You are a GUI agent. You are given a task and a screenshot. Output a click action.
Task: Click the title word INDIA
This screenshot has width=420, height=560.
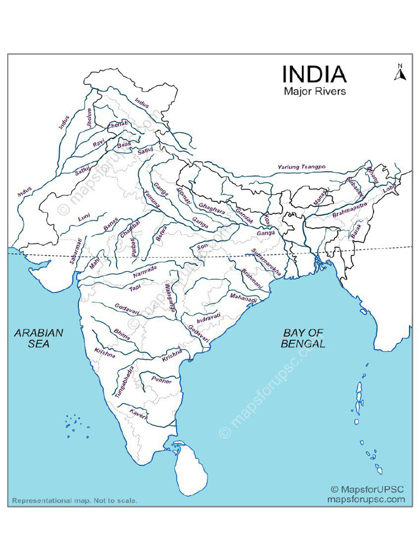point(314,74)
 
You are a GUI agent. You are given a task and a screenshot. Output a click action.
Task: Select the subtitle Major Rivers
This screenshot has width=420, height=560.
point(314,91)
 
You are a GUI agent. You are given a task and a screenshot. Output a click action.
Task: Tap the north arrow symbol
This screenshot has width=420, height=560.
point(399,73)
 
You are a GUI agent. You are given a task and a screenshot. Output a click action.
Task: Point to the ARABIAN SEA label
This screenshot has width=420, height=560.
point(39,338)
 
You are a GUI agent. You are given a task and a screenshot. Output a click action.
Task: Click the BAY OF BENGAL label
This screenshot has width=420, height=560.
point(303,338)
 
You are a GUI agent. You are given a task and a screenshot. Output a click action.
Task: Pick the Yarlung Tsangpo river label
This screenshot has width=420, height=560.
point(301,166)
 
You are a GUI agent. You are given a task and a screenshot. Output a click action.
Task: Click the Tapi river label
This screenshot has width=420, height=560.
point(135,287)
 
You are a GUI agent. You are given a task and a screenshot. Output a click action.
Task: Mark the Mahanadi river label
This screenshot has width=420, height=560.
point(243,297)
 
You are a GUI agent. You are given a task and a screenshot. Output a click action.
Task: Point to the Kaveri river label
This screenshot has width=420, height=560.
point(138,414)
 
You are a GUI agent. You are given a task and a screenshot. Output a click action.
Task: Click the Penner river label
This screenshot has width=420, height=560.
point(161,380)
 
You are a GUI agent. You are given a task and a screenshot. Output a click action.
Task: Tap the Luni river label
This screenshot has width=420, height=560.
point(84,217)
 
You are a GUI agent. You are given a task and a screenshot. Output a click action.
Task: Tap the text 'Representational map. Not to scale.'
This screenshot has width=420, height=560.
point(74,500)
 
